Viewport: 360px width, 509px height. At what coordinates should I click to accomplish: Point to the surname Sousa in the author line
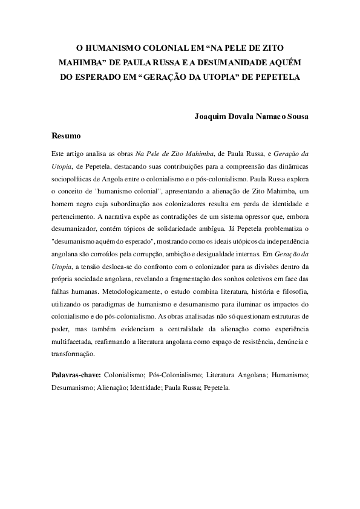click(294, 116)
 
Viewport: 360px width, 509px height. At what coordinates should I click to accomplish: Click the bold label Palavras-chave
click(75, 375)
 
